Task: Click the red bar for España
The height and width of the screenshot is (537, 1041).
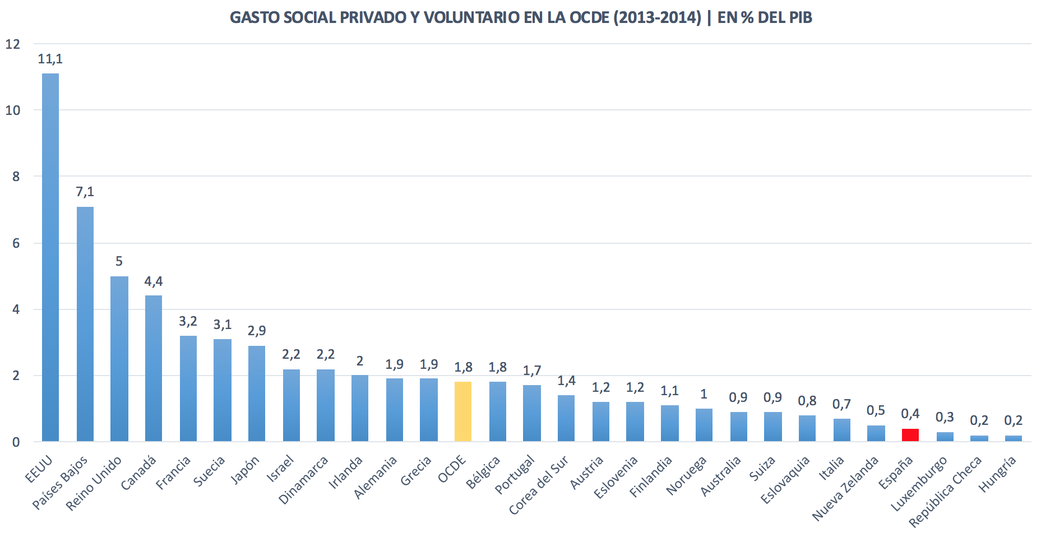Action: [x=910, y=435]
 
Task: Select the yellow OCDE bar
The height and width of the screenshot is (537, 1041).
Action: [x=462, y=411]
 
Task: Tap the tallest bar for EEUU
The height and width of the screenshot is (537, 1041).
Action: [x=50, y=258]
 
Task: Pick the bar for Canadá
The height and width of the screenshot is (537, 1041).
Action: [x=154, y=368]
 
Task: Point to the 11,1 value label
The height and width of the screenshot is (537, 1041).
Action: [x=50, y=59]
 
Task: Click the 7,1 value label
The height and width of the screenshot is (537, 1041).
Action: [x=85, y=192]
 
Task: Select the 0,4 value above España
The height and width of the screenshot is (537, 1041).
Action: [x=910, y=414]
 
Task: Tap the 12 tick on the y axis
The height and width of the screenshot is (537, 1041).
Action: [x=12, y=44]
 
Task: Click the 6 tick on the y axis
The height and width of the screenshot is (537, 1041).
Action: [x=16, y=243]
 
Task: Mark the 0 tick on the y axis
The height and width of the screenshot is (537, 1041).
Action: [x=16, y=442]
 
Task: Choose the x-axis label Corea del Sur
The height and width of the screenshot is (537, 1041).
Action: [x=538, y=485]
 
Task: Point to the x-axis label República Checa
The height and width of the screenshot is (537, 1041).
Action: [x=945, y=492]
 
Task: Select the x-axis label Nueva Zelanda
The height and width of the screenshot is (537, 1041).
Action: [x=845, y=488]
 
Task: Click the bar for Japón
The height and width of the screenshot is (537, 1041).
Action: [x=257, y=394]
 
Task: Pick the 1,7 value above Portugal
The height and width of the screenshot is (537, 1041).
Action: [x=532, y=371]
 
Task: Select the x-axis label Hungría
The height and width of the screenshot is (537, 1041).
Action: [x=998, y=474]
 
